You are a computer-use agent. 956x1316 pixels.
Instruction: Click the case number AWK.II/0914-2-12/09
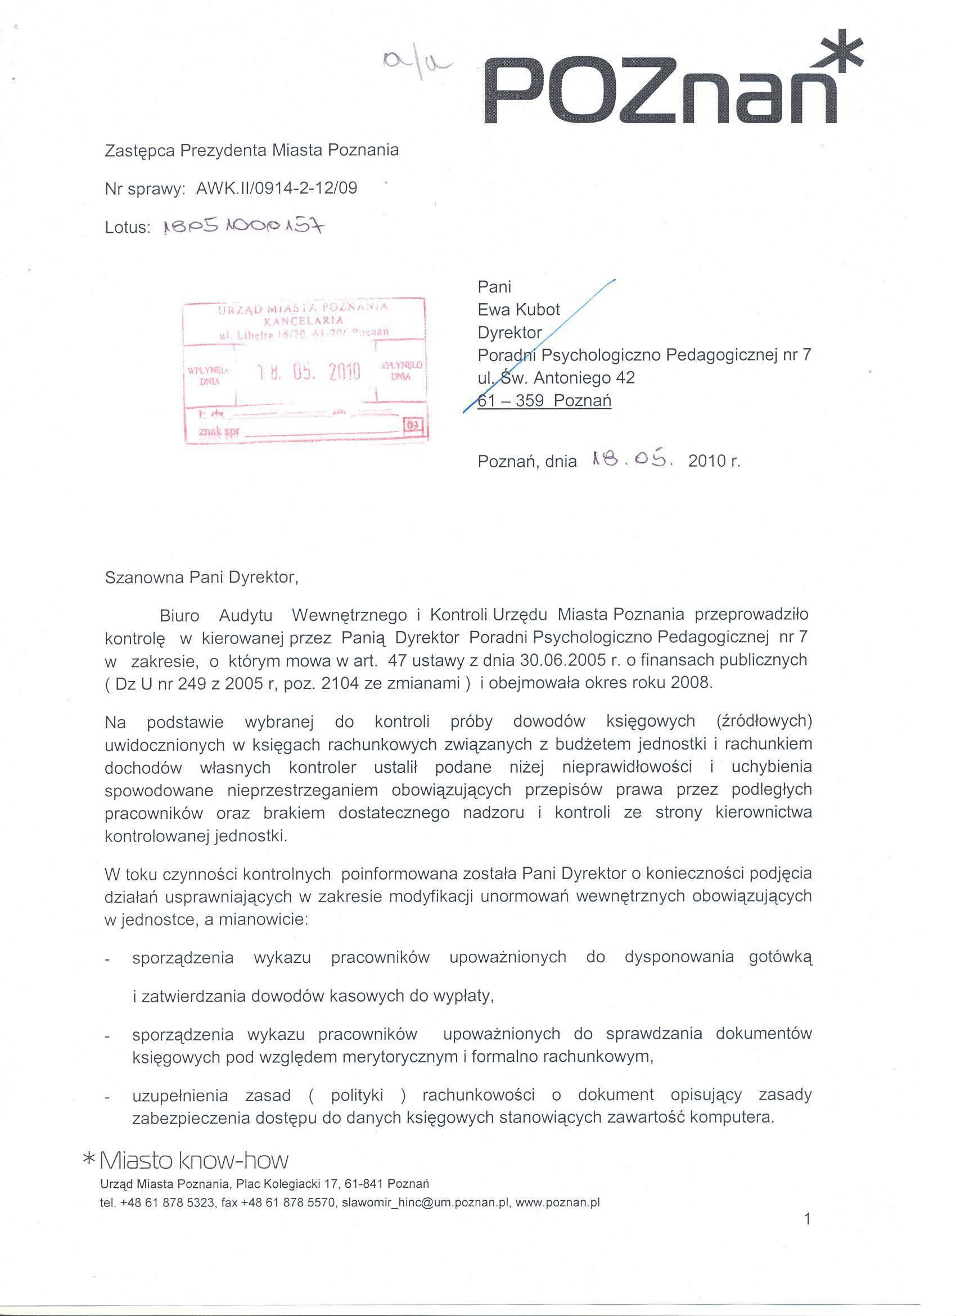click(277, 188)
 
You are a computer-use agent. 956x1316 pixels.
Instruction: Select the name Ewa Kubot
click(518, 310)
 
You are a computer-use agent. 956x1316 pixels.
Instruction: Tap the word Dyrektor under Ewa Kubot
click(509, 332)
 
